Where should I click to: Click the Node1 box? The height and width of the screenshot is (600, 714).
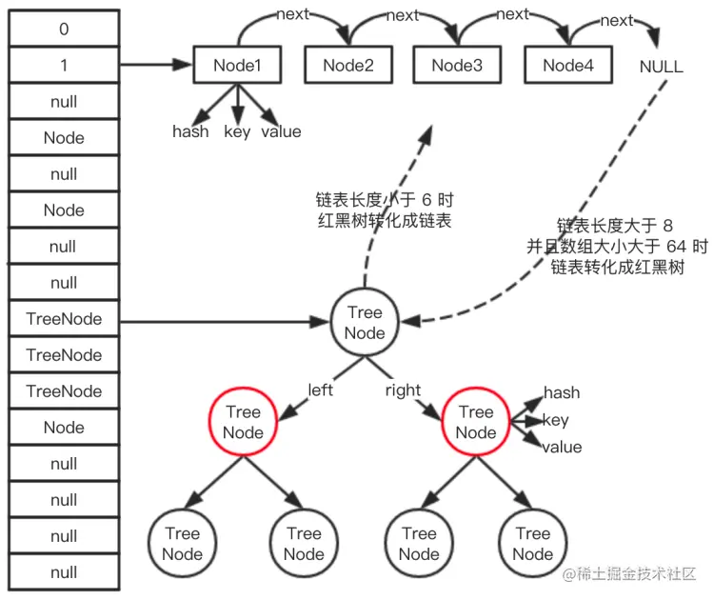tap(238, 66)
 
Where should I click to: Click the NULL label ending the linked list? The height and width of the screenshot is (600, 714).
tap(662, 68)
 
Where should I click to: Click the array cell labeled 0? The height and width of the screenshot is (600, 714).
tap(64, 30)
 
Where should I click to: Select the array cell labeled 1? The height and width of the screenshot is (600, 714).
tap(64, 66)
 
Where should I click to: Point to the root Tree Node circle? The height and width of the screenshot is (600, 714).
tap(365, 323)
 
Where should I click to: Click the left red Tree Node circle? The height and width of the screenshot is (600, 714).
tap(243, 422)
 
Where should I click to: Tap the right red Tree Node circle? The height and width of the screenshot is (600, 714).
tap(475, 422)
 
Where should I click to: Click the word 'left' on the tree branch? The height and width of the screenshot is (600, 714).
tap(320, 390)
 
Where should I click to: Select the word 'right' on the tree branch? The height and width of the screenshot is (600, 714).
tap(403, 390)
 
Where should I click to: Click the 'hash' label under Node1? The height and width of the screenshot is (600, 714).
tap(190, 131)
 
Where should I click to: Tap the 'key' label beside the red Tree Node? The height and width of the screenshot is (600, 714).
tap(555, 420)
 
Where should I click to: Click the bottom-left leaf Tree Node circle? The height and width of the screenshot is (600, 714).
tap(182, 543)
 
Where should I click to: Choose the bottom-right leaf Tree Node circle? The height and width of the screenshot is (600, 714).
tap(533, 543)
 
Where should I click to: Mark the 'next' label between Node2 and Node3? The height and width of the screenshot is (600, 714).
tap(403, 16)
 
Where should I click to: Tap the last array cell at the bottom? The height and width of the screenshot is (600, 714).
tap(64, 572)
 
